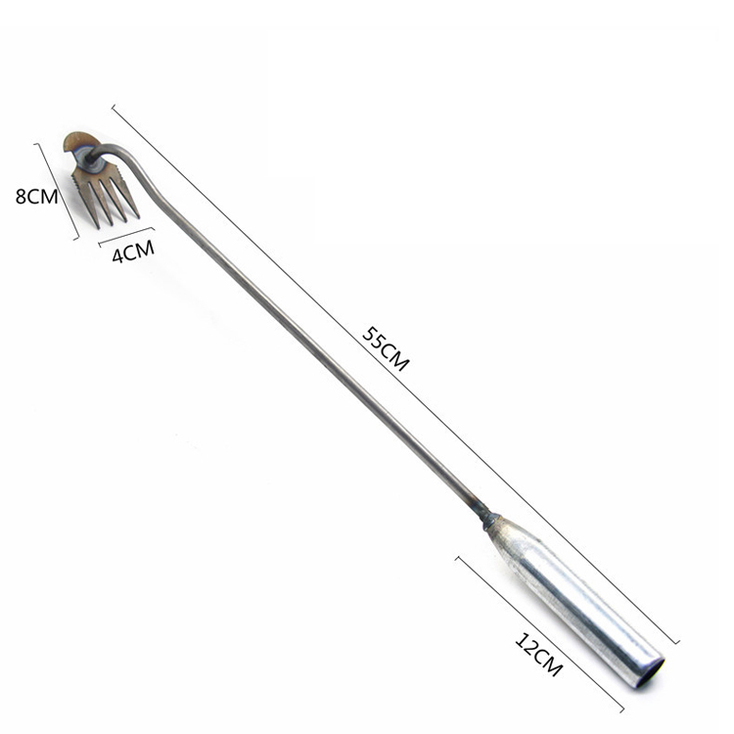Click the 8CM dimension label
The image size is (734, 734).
pyautogui.click(x=36, y=196)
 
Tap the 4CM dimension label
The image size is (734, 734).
pyautogui.click(x=133, y=252)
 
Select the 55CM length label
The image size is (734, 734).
pyautogui.click(x=386, y=348)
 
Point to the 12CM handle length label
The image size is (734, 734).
pyautogui.click(x=538, y=655)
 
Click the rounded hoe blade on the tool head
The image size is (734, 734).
pyautogui.click(x=78, y=140)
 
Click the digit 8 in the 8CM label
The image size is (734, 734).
pyautogui.click(x=21, y=197)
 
